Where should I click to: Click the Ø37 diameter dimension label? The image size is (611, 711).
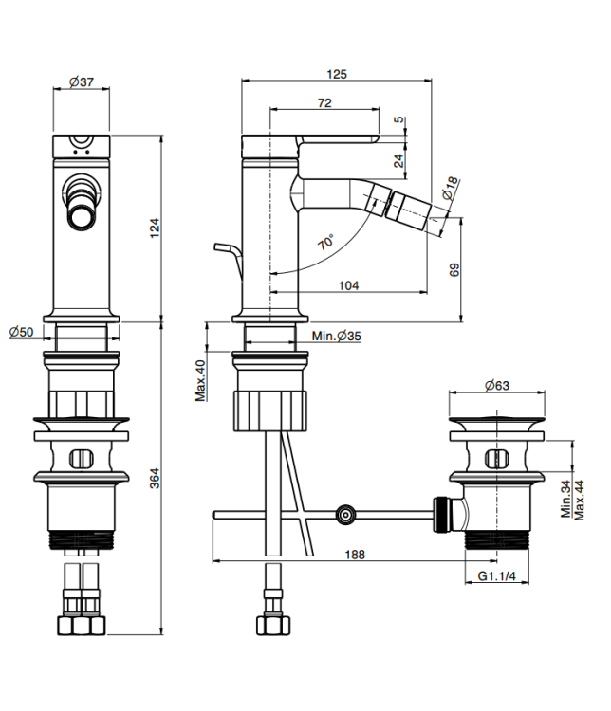[x=81, y=83]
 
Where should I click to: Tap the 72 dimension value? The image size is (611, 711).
[x=324, y=103]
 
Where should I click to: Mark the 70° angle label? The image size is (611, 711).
[x=325, y=243]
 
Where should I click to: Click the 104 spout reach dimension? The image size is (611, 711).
[x=348, y=284]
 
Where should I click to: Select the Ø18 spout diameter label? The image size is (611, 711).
[x=449, y=188]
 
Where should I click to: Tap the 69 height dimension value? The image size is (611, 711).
[x=454, y=269]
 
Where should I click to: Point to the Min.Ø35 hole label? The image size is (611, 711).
[x=335, y=336]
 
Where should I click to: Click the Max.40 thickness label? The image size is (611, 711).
[x=201, y=379]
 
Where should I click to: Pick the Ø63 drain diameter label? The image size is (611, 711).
[x=497, y=386]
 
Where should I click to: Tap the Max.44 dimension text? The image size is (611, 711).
[x=580, y=498]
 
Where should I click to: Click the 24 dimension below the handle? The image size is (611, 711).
[x=398, y=159]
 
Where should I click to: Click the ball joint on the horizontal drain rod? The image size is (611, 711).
[x=345, y=516]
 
